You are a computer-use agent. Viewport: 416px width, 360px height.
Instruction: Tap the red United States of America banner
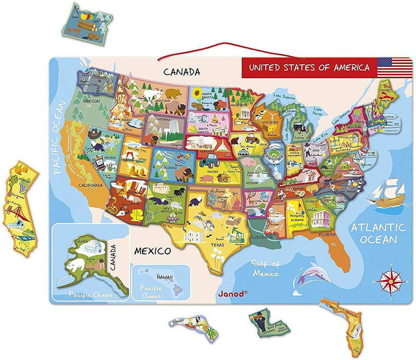309,67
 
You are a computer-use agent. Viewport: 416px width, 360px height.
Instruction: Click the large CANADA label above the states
182,71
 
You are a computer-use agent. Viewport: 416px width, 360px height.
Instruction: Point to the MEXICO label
152,251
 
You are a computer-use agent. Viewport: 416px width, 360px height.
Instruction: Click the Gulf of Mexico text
265,268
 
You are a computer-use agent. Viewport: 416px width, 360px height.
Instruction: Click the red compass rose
389,281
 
